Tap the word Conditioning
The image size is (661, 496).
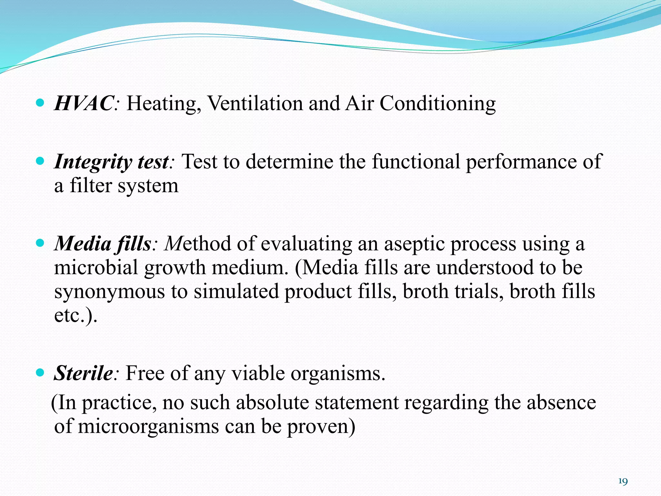[x=437, y=104]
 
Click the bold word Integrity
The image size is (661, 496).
[x=93, y=162]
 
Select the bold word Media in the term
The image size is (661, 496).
[x=83, y=243]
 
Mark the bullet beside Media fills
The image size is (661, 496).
[x=40, y=243]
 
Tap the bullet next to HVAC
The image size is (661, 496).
[x=40, y=103]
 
